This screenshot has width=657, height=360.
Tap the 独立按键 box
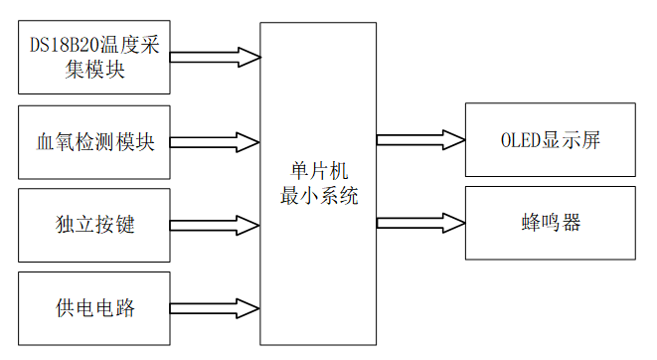point(94,225)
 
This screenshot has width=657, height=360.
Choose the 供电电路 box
point(94,307)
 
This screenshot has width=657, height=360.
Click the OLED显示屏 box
point(550,140)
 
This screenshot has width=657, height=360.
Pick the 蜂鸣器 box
point(550,223)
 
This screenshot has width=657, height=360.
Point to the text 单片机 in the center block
point(319,171)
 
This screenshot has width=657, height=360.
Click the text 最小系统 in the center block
point(319,195)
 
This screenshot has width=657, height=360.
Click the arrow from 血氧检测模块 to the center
point(215,141)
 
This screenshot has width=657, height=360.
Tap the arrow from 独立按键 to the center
point(215,224)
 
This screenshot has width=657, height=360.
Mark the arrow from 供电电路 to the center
point(215,307)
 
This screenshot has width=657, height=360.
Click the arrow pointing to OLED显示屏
point(420,140)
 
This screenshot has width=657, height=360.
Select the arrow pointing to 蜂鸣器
point(420,223)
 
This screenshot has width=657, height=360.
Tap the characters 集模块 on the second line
point(94,71)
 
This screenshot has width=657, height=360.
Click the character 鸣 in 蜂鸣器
point(550,223)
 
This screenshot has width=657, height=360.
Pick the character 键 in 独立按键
point(124,225)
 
